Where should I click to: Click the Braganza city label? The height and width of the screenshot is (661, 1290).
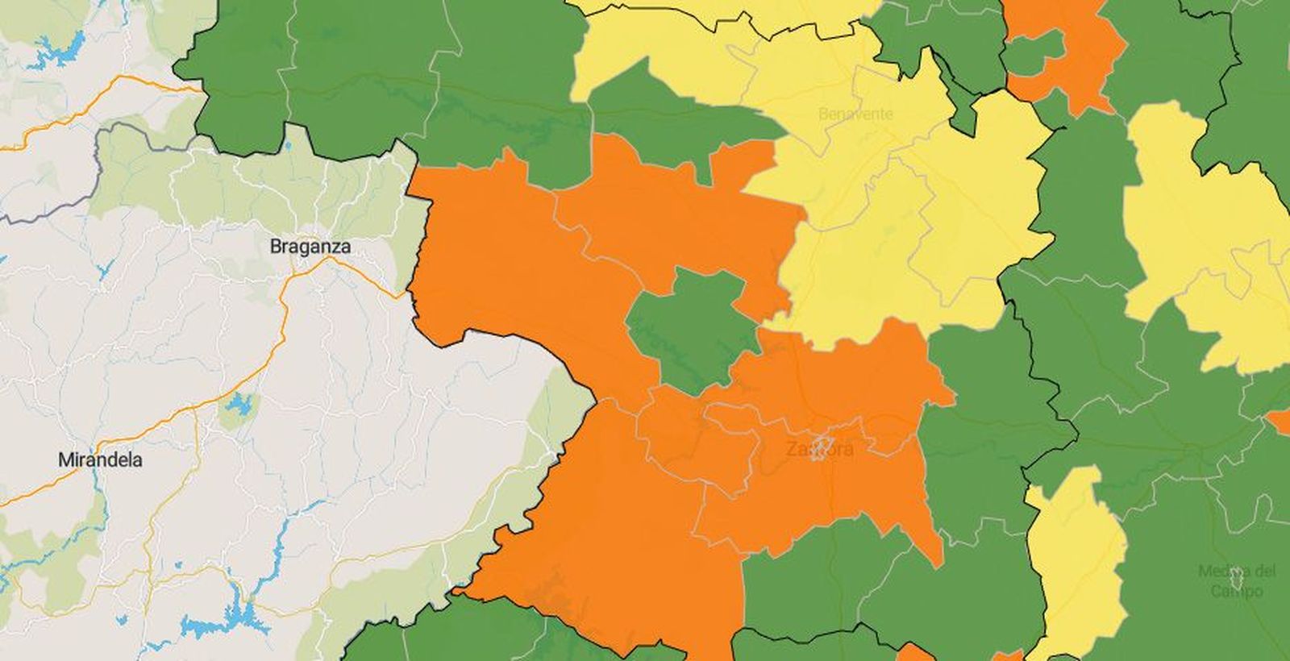[310, 247]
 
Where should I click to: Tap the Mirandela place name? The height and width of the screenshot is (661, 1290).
[101, 460]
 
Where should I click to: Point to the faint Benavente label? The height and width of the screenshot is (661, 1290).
[855, 114]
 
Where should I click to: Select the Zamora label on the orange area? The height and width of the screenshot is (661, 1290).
[819, 449]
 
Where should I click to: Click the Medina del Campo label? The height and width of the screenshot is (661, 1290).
[1237, 580]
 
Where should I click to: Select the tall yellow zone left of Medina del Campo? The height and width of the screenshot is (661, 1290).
[1076, 556]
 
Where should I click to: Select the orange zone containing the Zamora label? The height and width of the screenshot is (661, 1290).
[830, 484]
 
